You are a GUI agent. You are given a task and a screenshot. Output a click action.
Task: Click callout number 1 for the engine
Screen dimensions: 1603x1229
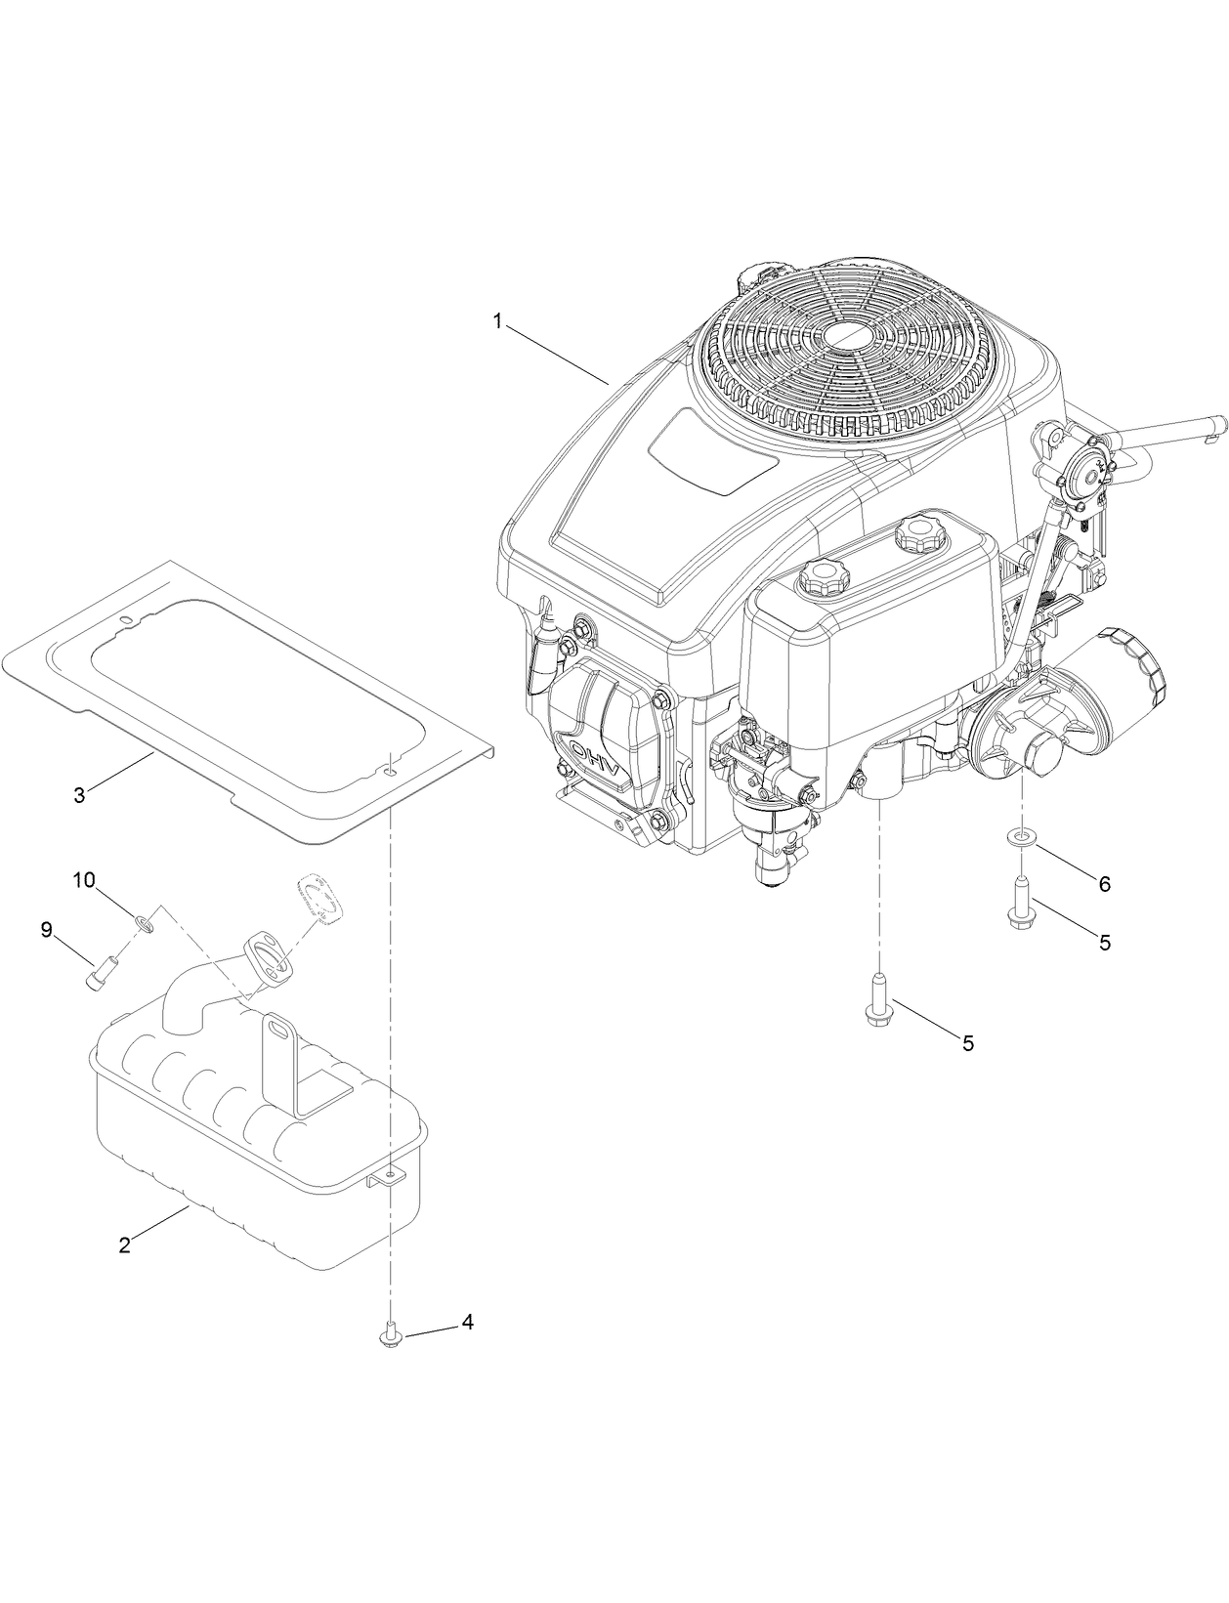pos(497,321)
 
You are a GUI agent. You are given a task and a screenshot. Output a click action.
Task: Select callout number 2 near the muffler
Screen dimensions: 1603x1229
pos(124,1246)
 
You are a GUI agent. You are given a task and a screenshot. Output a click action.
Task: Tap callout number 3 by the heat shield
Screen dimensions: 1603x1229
pos(80,794)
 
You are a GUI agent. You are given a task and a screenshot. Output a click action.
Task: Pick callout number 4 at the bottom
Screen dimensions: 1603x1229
pos(467,1322)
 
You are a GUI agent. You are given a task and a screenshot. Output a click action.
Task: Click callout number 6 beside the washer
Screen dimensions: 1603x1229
pos(1104,884)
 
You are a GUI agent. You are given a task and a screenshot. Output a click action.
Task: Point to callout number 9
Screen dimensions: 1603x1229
pos(46,930)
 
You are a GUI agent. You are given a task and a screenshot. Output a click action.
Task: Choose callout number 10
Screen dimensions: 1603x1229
pos(84,880)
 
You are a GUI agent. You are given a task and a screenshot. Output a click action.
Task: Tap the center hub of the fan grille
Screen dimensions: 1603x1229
pos(850,333)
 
